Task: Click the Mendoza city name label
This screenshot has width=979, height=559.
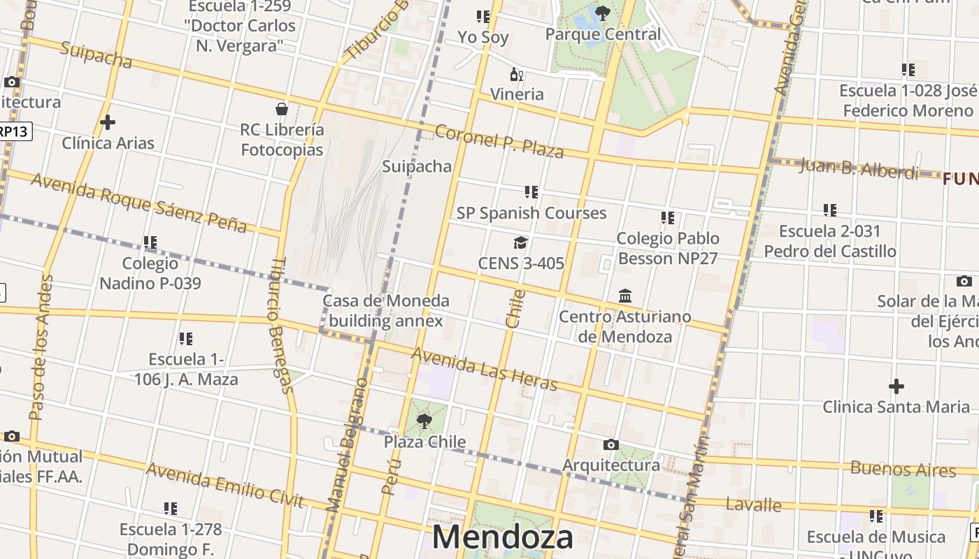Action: pyautogui.click(x=503, y=537)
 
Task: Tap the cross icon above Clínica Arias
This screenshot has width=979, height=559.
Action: pyautogui.click(x=108, y=122)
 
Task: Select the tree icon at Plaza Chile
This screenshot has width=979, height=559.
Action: pyautogui.click(x=424, y=421)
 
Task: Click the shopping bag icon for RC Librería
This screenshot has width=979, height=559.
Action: pyautogui.click(x=282, y=109)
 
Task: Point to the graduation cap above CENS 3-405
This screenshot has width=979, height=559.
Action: pyautogui.click(x=520, y=242)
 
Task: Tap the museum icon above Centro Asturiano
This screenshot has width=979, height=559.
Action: pyautogui.click(x=625, y=296)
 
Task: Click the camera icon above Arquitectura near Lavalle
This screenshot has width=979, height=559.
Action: pyautogui.click(x=610, y=444)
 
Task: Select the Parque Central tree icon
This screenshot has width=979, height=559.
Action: pyautogui.click(x=602, y=13)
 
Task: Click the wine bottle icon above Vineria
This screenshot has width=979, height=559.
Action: pyautogui.click(x=517, y=74)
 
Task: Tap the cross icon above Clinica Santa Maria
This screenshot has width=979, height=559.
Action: pyautogui.click(x=896, y=386)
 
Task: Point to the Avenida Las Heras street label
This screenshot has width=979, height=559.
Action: pyautogui.click(x=484, y=369)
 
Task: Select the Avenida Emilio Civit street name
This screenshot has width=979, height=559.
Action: pyautogui.click(x=224, y=486)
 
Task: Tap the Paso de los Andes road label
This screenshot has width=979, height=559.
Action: pyautogui.click(x=41, y=347)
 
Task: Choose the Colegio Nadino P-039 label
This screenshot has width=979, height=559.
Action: pyautogui.click(x=150, y=273)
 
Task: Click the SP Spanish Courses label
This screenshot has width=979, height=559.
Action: pyautogui.click(x=531, y=213)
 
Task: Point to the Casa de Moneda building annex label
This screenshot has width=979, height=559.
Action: pyautogui.click(x=386, y=311)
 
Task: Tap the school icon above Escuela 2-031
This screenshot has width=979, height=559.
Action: pyautogui.click(x=829, y=210)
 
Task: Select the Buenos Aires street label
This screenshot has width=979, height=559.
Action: pyautogui.click(x=903, y=469)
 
